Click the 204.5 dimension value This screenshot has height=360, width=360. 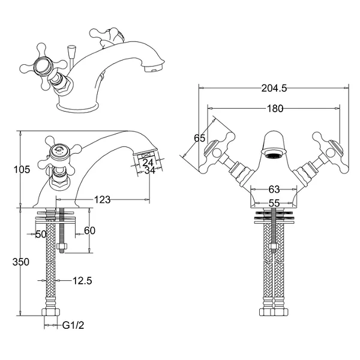(274, 88)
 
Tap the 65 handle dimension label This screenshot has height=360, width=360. (200, 138)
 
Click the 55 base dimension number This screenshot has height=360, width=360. (274, 203)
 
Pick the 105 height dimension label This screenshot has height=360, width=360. (22, 170)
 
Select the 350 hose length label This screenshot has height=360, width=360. (22, 262)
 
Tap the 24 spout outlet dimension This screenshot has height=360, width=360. (149, 161)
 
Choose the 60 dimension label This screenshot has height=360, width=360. (90, 231)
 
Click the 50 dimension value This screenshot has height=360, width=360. (41, 234)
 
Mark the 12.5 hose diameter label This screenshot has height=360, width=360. (82, 280)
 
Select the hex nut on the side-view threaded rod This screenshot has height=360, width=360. (61, 247)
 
